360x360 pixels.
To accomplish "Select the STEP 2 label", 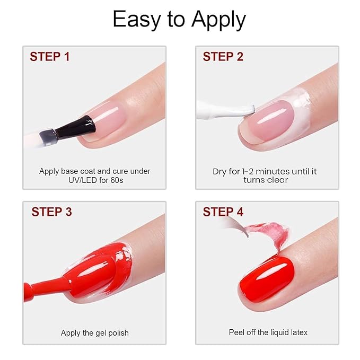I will pyautogui.click(x=223, y=57).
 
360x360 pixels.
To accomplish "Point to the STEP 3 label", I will pyautogui.click(x=51, y=212).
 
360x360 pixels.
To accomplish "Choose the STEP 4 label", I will pyautogui.click(x=223, y=212).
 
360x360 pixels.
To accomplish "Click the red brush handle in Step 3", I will pyautogui.click(x=42, y=286).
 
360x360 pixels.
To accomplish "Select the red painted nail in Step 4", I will pyautogui.click(x=265, y=278).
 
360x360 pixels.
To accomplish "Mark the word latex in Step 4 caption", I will pyautogui.click(x=297, y=332).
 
